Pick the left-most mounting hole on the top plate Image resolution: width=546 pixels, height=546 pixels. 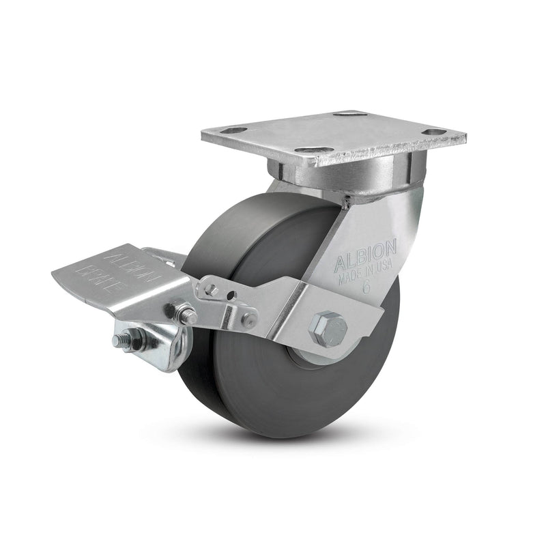[235, 130]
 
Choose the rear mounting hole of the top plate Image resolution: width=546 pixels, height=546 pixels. [352, 113]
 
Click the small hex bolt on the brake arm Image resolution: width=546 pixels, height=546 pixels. [212, 290]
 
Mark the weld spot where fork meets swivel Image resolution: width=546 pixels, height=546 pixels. [348, 201]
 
